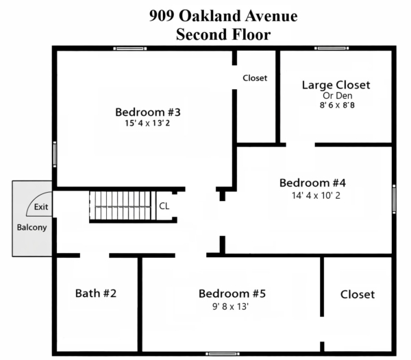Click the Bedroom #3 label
[x=148, y=112]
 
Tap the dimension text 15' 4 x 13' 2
[x=147, y=123]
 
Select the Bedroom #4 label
[x=312, y=183]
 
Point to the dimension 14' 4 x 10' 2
[x=316, y=195]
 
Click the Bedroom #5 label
[x=232, y=293]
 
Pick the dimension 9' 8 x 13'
[x=230, y=307]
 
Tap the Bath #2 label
[x=96, y=293]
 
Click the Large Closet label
[x=336, y=85]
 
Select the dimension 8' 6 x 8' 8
[x=337, y=105]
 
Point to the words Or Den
[x=337, y=95]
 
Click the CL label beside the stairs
[x=164, y=206]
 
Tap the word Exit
[x=41, y=207]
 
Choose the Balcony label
[x=32, y=227]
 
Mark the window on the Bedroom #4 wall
[x=394, y=199]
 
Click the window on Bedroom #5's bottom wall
[x=222, y=354]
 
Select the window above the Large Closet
[x=332, y=48]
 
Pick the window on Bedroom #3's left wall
[x=55, y=154]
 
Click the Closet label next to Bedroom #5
[x=358, y=294]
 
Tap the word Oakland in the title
[x=210, y=16]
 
